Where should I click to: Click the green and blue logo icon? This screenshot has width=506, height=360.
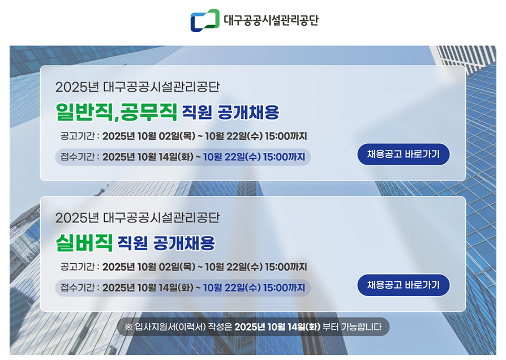(x=204, y=20)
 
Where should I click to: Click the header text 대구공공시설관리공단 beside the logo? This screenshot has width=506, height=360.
(x=271, y=21)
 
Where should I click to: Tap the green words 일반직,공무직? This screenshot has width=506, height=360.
(x=117, y=112)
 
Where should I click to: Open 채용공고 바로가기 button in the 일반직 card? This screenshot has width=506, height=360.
(x=404, y=154)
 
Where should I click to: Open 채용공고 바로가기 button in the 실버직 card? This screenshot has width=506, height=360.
(x=404, y=285)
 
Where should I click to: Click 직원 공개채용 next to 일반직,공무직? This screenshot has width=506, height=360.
(x=230, y=112)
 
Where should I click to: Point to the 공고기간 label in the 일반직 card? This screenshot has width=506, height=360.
(x=79, y=136)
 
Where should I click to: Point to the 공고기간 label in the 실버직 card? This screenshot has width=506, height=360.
(x=79, y=267)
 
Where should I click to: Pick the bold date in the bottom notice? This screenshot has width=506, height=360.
(x=277, y=327)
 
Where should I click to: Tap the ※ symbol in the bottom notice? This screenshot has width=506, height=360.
(x=128, y=327)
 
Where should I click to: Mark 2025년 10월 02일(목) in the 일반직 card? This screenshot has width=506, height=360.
(x=149, y=136)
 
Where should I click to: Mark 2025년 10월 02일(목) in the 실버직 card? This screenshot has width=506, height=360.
(x=149, y=267)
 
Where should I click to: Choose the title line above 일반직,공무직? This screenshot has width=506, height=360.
(x=137, y=87)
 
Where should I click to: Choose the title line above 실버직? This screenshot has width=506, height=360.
(x=137, y=218)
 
